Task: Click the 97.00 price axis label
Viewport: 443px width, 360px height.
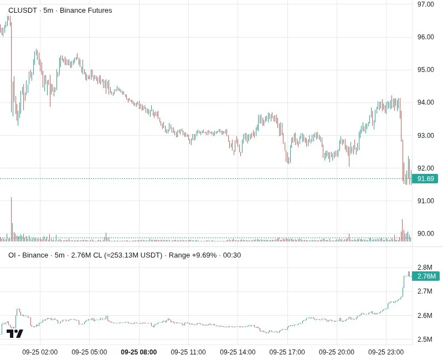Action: tap(425, 4)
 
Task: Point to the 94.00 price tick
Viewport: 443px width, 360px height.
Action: tap(425, 102)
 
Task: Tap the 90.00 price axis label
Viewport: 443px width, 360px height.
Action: tap(425, 234)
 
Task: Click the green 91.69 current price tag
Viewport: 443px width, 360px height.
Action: tap(425, 178)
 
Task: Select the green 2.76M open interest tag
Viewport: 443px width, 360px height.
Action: tap(426, 276)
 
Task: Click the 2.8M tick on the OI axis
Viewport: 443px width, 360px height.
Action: tap(425, 268)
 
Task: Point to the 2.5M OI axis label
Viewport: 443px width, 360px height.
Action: tap(425, 339)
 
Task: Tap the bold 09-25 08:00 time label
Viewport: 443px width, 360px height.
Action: tap(139, 352)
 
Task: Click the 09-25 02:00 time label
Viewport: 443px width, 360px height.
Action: tap(40, 352)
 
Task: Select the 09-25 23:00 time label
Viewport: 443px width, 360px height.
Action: tap(386, 352)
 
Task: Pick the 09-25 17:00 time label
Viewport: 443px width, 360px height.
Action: tap(287, 352)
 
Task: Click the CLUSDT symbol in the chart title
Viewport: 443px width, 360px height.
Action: tap(23, 11)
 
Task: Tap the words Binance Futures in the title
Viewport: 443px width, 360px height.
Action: tap(86, 11)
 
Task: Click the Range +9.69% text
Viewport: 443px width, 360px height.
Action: tap(193, 255)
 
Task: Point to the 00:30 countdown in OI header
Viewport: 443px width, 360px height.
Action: tap(232, 255)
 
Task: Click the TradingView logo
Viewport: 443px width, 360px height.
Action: tap(15, 333)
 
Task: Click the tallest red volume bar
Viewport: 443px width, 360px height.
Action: tap(11, 219)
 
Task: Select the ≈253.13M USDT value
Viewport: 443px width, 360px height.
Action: tap(133, 255)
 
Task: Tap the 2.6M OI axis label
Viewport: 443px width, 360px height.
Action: tap(425, 315)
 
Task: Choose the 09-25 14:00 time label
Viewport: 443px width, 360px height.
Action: tap(238, 352)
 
